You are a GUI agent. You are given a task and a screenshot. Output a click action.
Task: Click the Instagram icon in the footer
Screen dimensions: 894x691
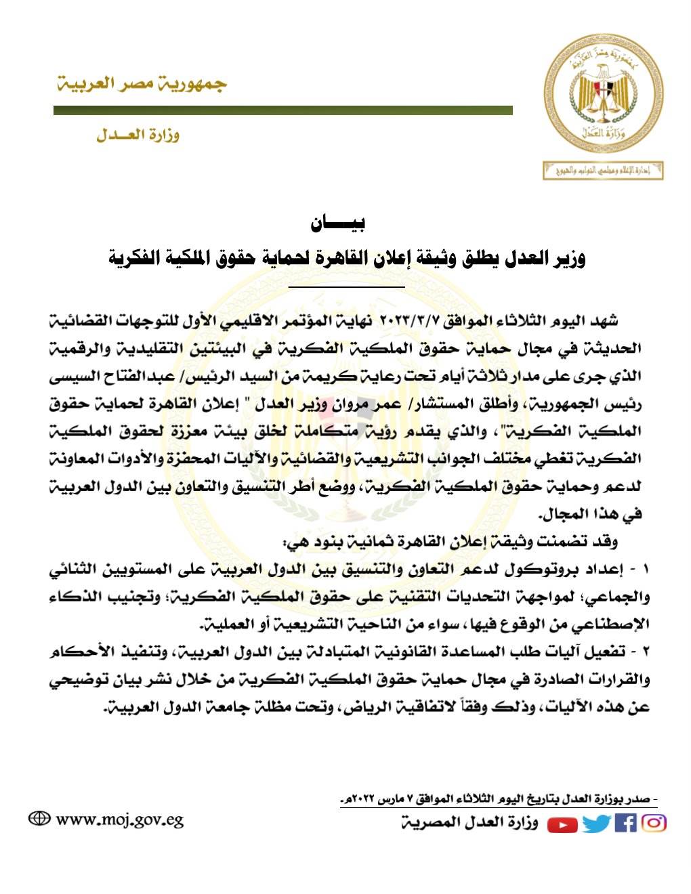point(654,823)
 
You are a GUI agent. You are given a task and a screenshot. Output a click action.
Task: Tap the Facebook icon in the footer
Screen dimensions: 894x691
point(625,823)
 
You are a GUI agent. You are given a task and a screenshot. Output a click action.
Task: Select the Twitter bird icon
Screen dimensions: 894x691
point(596,823)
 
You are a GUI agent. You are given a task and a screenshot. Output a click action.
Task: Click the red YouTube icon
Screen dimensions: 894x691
point(562,824)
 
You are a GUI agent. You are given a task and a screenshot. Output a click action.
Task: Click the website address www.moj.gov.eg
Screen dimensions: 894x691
point(120,819)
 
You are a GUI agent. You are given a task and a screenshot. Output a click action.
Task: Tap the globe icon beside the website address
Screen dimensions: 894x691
point(39,818)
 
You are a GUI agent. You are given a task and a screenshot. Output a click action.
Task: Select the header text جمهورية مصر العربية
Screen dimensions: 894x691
point(141,85)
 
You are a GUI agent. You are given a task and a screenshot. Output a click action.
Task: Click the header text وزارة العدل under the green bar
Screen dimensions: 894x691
point(138,135)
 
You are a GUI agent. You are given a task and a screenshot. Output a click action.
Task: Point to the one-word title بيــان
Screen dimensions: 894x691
point(338,223)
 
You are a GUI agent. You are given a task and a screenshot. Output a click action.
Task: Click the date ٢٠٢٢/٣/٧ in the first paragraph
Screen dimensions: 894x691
point(411,319)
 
